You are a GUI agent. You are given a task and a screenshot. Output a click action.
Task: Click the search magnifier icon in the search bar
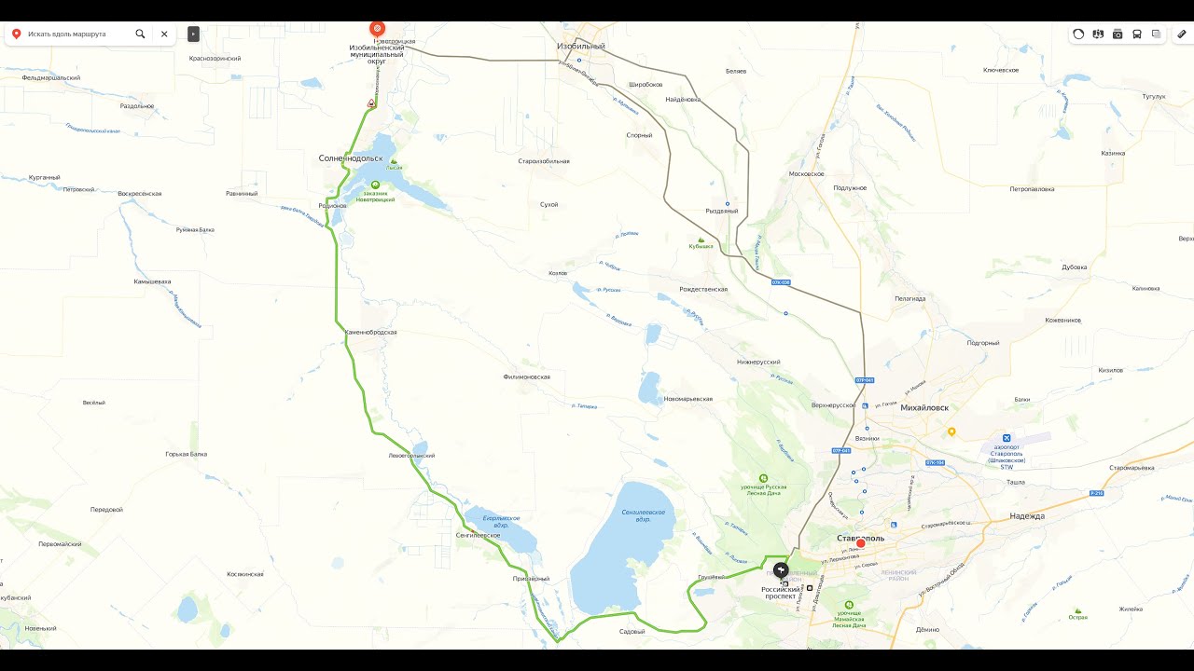[140, 34]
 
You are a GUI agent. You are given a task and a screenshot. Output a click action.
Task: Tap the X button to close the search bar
[164, 34]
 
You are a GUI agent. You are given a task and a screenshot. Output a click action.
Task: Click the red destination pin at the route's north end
[377, 29]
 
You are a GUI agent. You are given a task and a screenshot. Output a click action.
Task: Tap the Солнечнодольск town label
[351, 158]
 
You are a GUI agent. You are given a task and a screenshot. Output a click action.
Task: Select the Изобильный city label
[581, 46]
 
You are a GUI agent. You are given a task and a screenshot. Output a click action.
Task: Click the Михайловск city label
[924, 407]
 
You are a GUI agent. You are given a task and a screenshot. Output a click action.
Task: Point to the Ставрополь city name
[860, 538]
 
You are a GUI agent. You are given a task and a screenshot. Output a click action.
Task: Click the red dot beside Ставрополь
[861, 543]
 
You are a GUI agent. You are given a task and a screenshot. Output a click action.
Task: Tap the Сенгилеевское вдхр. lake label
[643, 515]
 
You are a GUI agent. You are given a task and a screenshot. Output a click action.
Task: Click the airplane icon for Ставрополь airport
[1006, 438]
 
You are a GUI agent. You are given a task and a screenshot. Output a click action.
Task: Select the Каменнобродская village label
[371, 332]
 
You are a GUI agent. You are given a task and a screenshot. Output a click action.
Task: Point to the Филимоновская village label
[526, 377]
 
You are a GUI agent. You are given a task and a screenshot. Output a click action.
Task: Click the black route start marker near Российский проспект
[781, 570]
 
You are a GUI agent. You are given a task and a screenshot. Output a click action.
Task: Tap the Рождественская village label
[703, 289]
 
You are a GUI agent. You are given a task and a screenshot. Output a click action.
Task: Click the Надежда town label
[1027, 515]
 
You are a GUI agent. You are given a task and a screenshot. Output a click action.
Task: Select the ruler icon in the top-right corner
[1182, 34]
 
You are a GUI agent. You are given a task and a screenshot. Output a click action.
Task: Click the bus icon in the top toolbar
[1136, 34]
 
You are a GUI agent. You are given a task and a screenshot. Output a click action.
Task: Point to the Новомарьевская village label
[687, 399]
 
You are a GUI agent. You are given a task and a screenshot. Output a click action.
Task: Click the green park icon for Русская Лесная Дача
[764, 477]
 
